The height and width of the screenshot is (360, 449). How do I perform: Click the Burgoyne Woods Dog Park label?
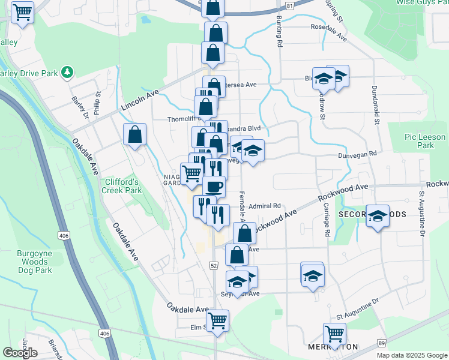34,262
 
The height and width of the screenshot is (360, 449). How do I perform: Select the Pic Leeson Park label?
419,142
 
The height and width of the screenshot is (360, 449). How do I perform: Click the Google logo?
20,352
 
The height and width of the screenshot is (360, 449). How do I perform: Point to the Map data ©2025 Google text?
412,355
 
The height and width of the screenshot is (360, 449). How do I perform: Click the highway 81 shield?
290,5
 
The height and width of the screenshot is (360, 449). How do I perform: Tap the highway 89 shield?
382,342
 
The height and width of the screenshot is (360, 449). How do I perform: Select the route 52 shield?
214,265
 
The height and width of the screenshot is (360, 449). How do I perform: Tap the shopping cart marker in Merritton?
334,332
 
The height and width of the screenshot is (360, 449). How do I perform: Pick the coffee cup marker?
214,185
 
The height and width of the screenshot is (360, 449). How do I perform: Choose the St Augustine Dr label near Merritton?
358,311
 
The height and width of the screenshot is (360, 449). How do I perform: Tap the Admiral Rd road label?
265,205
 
